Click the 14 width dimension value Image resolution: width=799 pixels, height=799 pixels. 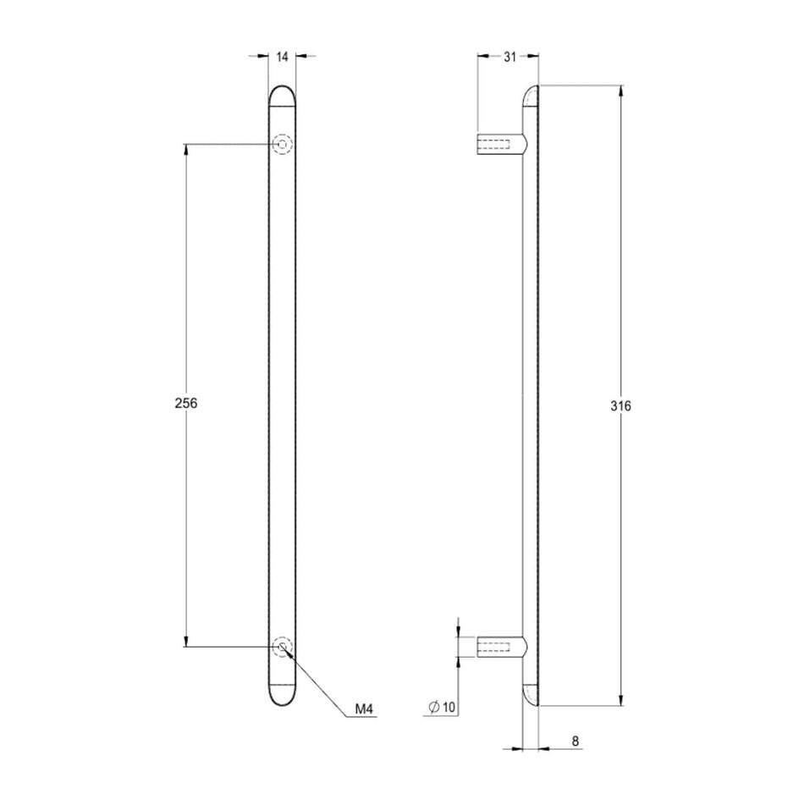pos(283,57)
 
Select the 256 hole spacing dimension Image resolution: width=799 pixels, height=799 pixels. pos(186,403)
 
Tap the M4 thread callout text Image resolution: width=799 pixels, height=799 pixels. pos(364,708)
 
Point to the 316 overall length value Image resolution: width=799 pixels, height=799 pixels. pos(620,406)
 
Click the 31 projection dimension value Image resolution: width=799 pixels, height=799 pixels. pos(510,57)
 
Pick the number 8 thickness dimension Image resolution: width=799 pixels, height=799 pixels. pos(576,741)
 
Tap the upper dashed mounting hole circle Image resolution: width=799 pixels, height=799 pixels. pos(283,144)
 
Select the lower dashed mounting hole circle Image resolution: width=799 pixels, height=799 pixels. pos(283,647)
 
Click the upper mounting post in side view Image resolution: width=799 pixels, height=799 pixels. pos(502,144)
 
